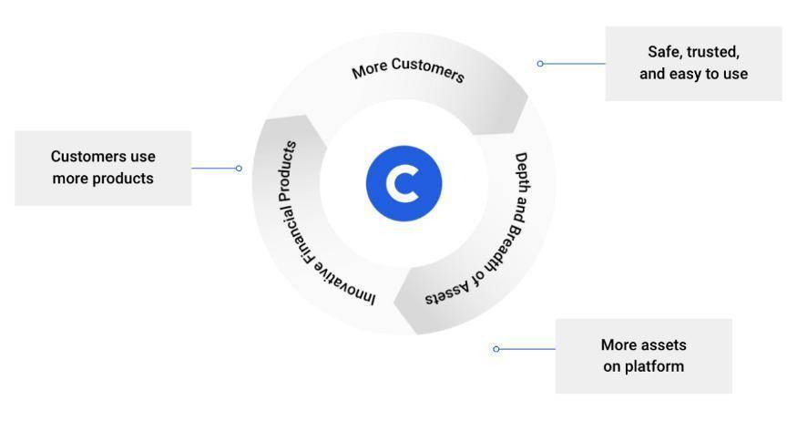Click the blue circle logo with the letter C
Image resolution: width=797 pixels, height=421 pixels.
pyautogui.click(x=404, y=183)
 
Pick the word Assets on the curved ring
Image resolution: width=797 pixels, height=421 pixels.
pyautogui.click(x=446, y=294)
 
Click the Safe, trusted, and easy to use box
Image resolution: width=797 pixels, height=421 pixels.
pyautogui.click(x=693, y=64)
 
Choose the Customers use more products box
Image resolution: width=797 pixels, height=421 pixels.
pyautogui.click(x=103, y=168)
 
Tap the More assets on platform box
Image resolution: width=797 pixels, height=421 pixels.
pyautogui.click(x=643, y=356)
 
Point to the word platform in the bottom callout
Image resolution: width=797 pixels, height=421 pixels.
pyautogui.click(x=643, y=367)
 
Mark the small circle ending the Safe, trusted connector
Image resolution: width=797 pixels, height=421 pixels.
pyautogui.click(x=540, y=64)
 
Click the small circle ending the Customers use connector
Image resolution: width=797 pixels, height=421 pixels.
pyautogui.click(x=239, y=168)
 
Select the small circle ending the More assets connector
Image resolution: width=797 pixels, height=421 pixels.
pyautogui.click(x=496, y=349)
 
